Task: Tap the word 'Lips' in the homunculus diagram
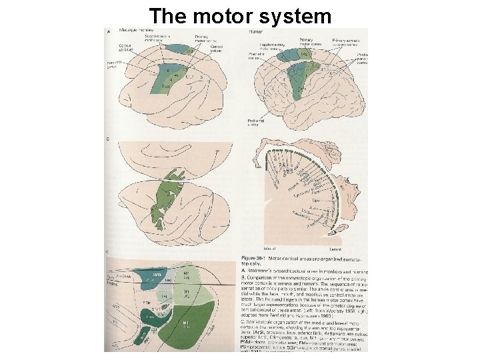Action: coord(309,199)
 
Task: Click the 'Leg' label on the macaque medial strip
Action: coord(191,51)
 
